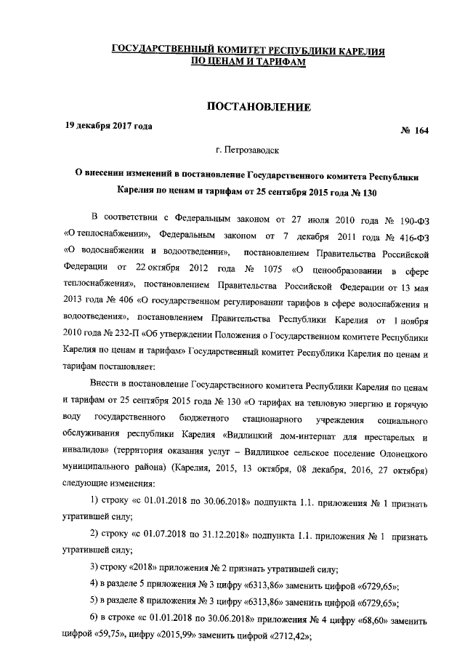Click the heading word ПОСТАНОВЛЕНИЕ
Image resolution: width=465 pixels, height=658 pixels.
(x=259, y=108)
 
